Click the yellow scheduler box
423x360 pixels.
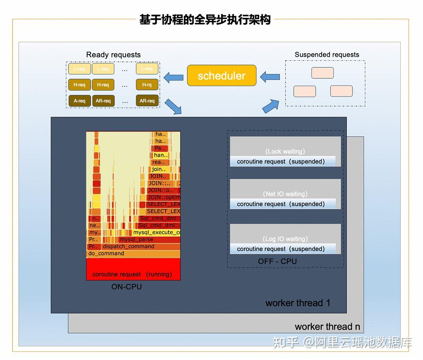tap(222, 76)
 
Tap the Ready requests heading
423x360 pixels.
tap(113, 55)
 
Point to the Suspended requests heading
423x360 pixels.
tap(327, 55)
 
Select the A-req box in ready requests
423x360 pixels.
tap(80, 101)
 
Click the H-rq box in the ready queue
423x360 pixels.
tap(147, 85)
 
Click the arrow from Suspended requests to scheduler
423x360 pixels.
tap(270, 77)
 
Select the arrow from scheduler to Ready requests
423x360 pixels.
tap(174, 77)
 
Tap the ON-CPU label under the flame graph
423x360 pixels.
tap(127, 287)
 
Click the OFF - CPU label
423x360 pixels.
tap(277, 261)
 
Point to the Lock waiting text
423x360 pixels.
tap(285, 151)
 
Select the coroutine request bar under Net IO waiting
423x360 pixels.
tap(282, 204)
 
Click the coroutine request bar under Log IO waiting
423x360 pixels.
tap(282, 249)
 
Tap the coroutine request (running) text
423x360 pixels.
tap(132, 274)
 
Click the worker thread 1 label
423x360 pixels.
tap(298, 303)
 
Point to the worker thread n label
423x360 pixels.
tap(327, 327)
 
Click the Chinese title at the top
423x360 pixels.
tap(205, 20)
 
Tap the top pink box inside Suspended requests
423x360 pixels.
tap(322, 73)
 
